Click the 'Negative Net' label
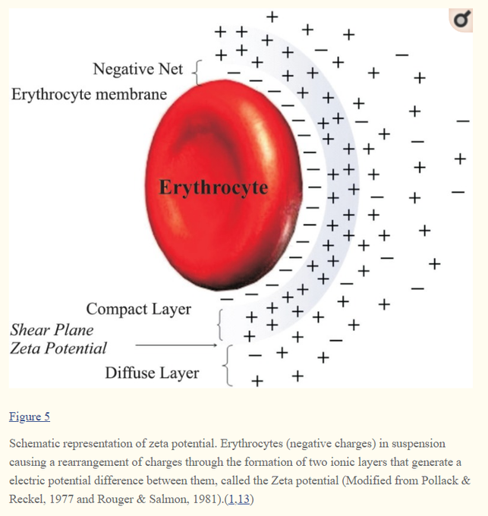137,70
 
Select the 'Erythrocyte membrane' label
89,95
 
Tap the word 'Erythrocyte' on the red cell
213,187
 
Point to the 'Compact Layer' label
139,310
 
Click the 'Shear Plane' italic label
52,330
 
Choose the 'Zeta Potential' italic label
58,349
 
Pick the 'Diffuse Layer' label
152,373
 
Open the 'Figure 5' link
29,417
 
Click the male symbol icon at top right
461,20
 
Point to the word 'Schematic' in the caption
37,443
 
